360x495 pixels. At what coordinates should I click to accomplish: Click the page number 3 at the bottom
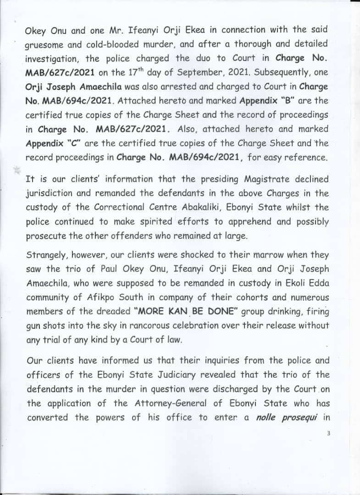pyautogui.click(x=329, y=433)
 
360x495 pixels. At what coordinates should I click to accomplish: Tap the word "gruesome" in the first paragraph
pyautogui.click(x=45, y=44)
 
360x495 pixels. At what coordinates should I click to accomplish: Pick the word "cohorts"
pyautogui.click(x=242, y=297)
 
